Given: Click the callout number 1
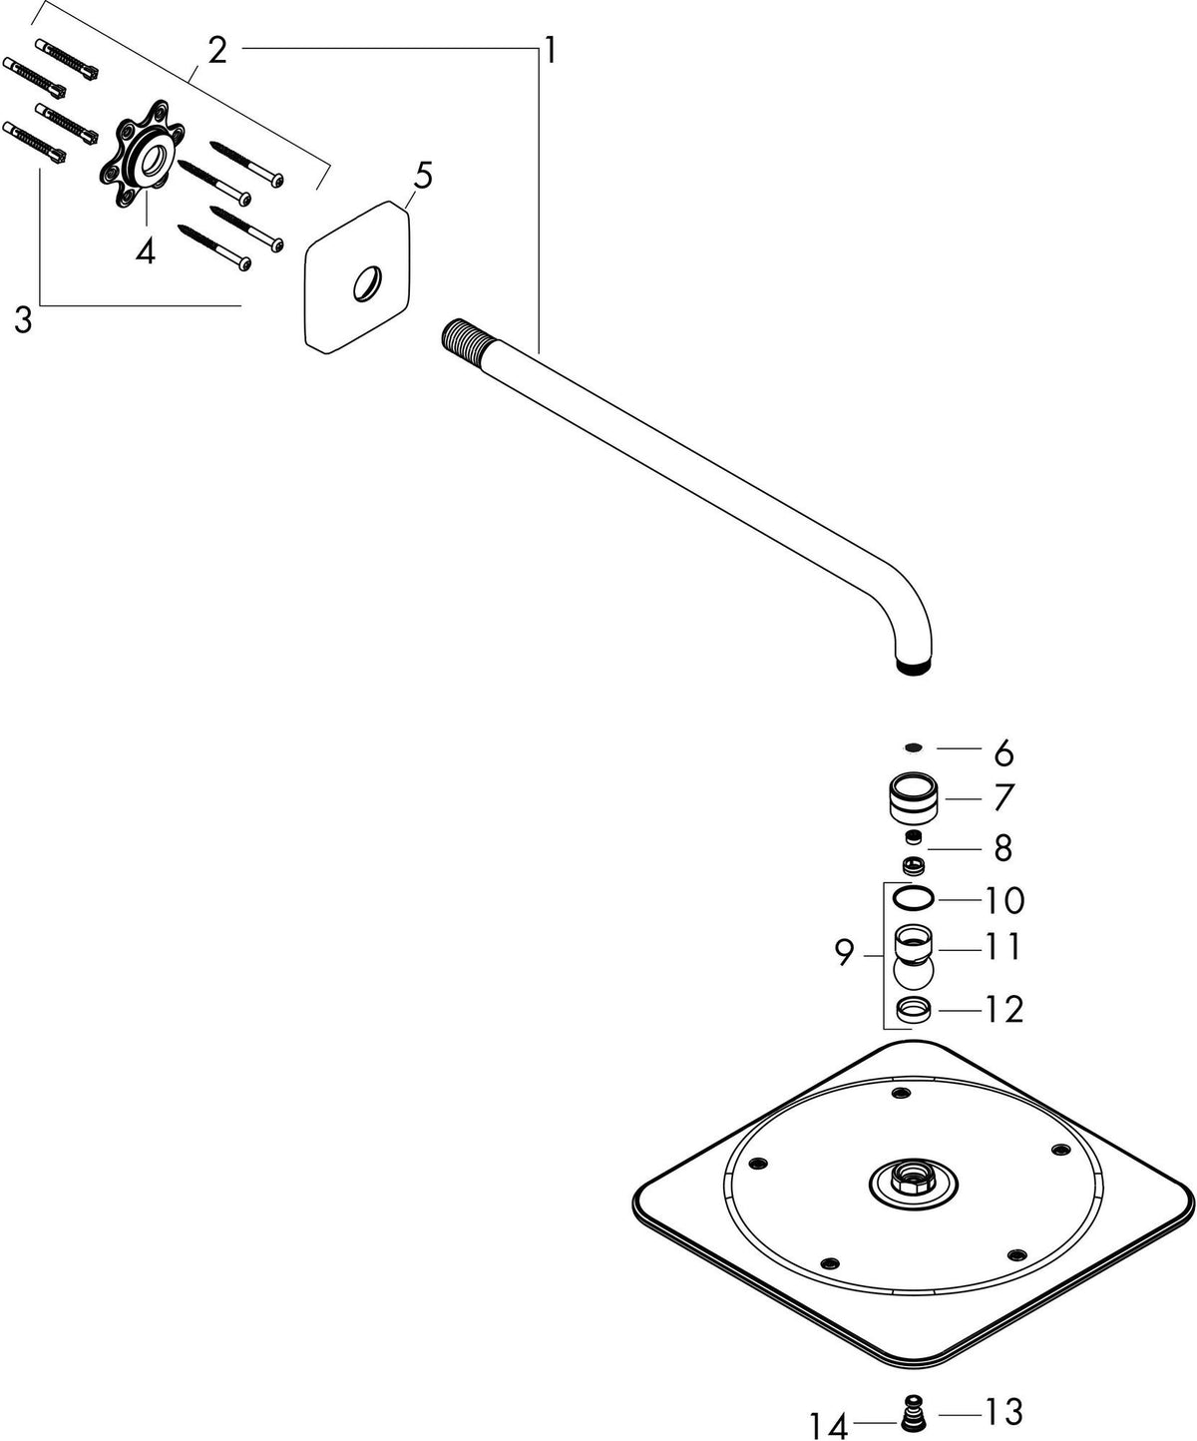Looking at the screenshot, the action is (x=550, y=51).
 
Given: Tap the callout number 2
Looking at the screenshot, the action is (x=217, y=50).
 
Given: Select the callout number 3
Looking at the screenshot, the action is (x=24, y=319).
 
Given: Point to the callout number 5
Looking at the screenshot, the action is (x=422, y=176).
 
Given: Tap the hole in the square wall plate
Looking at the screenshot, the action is (x=366, y=283).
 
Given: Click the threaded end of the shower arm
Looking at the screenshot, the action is (x=462, y=335).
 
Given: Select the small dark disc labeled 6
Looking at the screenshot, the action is (x=914, y=747).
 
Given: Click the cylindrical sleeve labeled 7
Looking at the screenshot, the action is (x=914, y=798).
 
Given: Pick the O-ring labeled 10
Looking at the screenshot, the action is (x=913, y=898).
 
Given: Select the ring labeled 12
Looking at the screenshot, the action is (x=914, y=1010).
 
